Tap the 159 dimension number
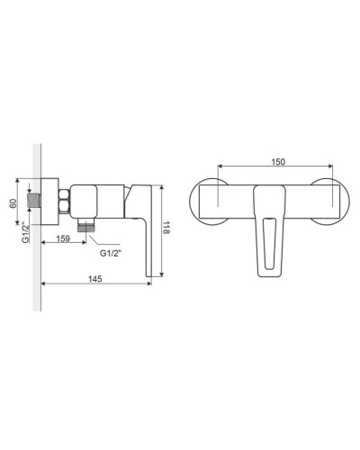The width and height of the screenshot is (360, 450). coord(64,238)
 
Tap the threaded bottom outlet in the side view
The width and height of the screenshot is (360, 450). coord(87,228)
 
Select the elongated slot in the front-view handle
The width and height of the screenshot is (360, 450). coord(268,243)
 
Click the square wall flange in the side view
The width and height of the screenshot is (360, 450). coord(49,200)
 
